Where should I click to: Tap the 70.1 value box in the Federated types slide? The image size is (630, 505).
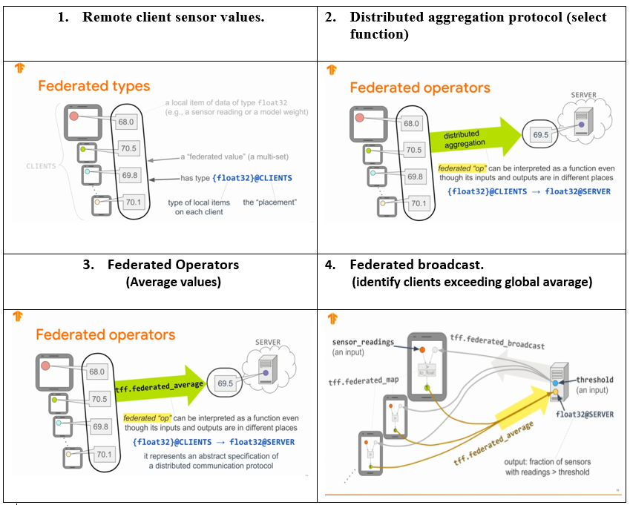[134, 201]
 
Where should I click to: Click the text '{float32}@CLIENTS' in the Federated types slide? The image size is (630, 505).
[252, 178]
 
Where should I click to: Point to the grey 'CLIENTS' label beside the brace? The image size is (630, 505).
[42, 166]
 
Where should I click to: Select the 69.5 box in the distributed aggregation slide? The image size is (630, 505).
[540, 136]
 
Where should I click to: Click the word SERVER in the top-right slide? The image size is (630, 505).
[584, 96]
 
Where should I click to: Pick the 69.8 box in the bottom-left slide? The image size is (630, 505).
[99, 427]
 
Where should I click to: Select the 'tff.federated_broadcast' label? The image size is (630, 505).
[497, 341]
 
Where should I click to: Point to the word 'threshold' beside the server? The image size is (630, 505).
[595, 380]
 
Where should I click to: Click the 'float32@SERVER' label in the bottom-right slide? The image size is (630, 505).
[585, 415]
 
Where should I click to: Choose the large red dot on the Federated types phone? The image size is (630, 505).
[73, 116]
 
